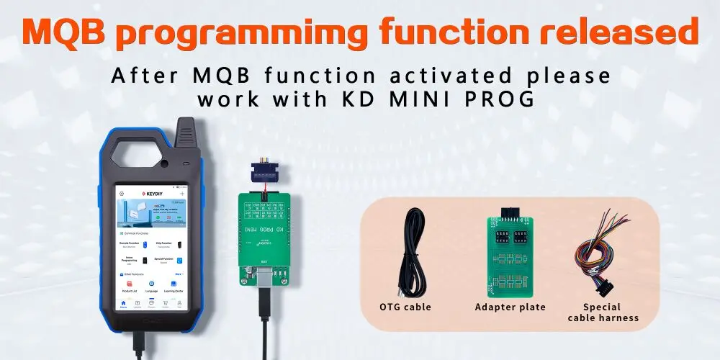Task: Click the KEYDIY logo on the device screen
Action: tap(151, 194)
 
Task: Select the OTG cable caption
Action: tap(405, 307)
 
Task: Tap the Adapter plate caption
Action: tap(510, 307)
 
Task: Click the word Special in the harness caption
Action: tap(603, 307)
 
